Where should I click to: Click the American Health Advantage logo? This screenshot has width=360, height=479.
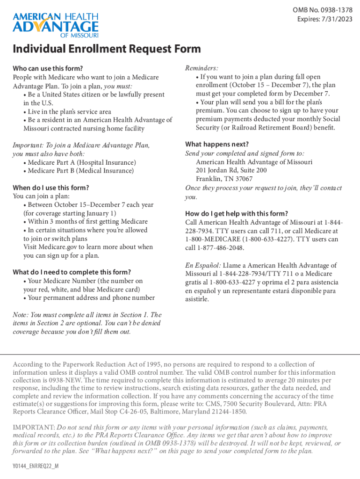click(56, 24)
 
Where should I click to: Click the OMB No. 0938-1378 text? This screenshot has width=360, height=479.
click(323, 10)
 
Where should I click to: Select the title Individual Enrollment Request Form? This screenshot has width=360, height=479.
click(107, 49)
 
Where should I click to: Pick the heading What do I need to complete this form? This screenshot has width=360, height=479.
click(72, 272)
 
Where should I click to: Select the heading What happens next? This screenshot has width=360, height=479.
click(217, 145)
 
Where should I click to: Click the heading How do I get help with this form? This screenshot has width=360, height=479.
click(237, 213)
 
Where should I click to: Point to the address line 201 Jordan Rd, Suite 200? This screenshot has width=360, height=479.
click(231, 170)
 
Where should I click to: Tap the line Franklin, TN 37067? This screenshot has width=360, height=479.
click(224, 179)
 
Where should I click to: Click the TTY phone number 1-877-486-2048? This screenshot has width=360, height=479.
click(221, 247)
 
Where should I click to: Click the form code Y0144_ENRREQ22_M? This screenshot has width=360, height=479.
click(36, 467)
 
